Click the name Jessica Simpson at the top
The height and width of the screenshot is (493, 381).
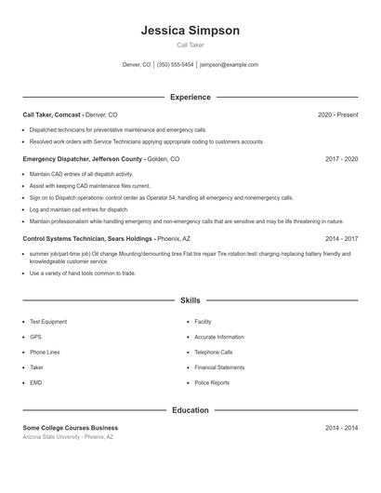point(190,31)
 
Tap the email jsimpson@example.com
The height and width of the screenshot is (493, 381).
point(229,65)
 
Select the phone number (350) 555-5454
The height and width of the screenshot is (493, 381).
point(176,65)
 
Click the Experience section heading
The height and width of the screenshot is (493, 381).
point(190,97)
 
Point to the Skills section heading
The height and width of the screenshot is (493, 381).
point(190,300)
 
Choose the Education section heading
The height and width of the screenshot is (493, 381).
point(190,410)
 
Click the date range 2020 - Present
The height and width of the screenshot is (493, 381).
point(337,114)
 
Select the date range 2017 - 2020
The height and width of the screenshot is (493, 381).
point(341,159)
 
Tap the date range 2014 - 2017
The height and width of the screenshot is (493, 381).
point(341,238)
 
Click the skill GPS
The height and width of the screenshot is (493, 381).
point(35,337)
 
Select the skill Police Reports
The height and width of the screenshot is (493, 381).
point(212,382)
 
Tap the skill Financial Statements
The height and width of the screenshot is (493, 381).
point(219,367)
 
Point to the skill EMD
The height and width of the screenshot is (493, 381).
point(35,382)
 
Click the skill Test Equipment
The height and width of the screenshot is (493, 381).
point(48,322)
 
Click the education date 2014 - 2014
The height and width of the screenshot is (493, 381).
point(341,428)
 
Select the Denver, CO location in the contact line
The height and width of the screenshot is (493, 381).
point(137,65)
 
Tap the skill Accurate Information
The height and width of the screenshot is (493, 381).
point(219,337)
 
